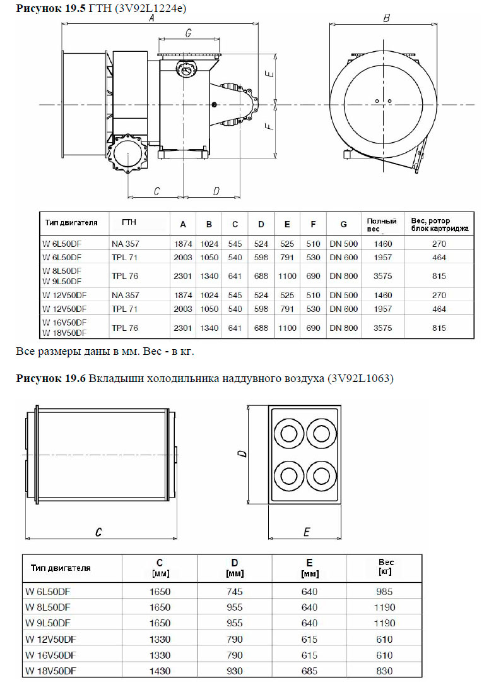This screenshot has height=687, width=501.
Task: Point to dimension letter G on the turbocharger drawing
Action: click(x=189, y=33)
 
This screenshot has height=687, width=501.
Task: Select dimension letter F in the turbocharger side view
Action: click(x=269, y=126)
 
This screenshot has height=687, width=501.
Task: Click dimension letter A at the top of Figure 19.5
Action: click(x=151, y=19)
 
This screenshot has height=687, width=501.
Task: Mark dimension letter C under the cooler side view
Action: click(x=98, y=532)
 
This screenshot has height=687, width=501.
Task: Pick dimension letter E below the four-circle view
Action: click(x=307, y=532)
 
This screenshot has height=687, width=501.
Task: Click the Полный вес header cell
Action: click(x=382, y=225)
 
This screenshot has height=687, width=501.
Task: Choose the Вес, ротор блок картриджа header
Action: click(x=439, y=225)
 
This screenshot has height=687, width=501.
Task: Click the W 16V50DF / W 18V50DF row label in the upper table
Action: click(x=64, y=328)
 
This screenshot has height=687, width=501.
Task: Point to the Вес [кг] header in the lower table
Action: click(x=386, y=566)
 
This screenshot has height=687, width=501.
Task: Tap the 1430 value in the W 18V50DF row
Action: click(x=160, y=671)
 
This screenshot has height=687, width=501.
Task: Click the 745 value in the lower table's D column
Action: click(x=235, y=592)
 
